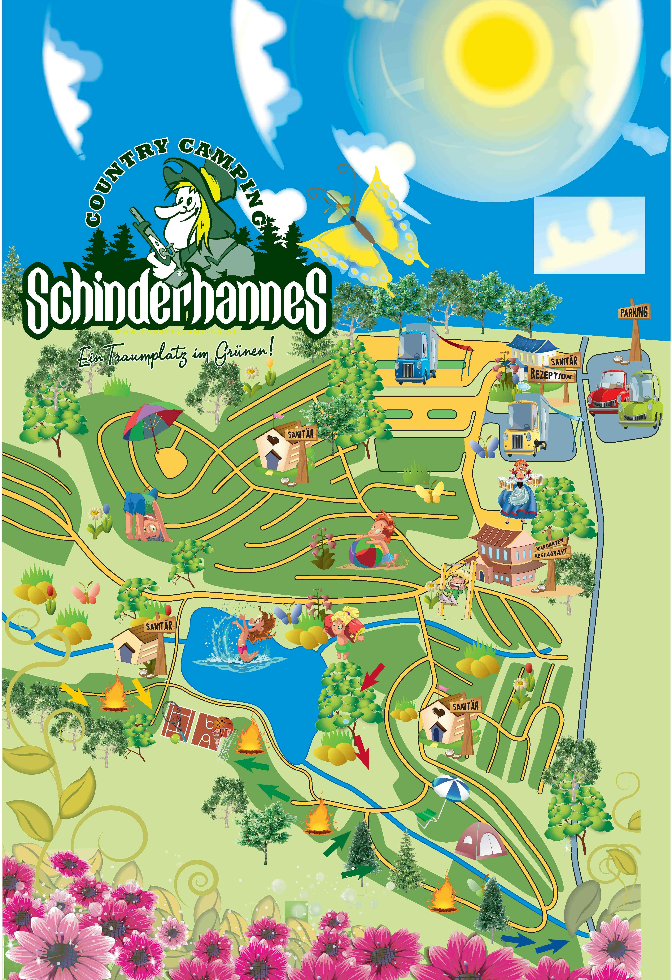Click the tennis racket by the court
(x=174, y=717)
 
